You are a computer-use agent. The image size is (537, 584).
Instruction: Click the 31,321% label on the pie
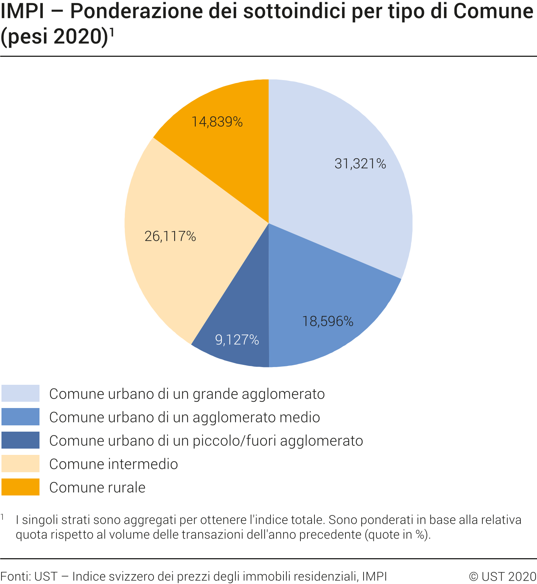pyautogui.click(x=360, y=163)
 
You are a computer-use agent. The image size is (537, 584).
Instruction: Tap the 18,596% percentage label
pyautogui.click(x=328, y=321)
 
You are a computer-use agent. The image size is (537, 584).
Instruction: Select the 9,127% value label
pyautogui.click(x=237, y=340)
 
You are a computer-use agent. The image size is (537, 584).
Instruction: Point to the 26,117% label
pyautogui.click(x=170, y=236)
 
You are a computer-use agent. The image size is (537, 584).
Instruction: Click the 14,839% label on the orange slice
pyautogui.click(x=217, y=122)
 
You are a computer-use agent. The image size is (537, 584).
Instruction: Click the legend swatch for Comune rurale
pyautogui.click(x=20, y=487)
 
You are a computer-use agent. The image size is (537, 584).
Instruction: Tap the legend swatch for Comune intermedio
pyautogui.click(x=20, y=463)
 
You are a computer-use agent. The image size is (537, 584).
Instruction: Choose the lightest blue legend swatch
pyautogui.click(x=20, y=393)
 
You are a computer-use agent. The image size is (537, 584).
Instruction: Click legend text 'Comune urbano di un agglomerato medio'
pyautogui.click(x=185, y=417)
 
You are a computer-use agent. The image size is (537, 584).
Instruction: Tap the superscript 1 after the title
pyautogui.click(x=112, y=32)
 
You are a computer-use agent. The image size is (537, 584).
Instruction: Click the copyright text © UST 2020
pyautogui.click(x=502, y=576)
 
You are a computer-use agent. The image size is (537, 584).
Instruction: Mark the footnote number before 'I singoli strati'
pyautogui.click(x=3, y=517)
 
